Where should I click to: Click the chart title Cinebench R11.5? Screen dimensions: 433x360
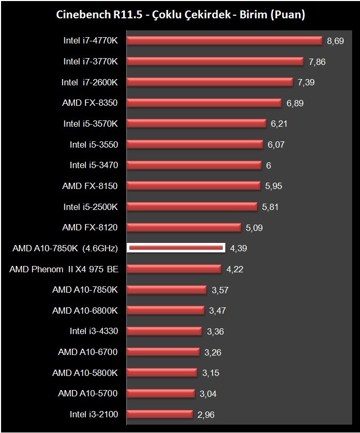[180, 15]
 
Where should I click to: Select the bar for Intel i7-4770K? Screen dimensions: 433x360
[224, 41]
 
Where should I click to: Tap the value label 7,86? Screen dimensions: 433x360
[317, 62]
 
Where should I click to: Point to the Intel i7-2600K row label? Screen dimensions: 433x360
[90, 82]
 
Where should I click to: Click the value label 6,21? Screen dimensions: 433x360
[279, 124]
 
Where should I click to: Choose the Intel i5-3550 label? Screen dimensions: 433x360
[94, 145]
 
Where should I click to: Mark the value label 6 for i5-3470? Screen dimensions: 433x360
[268, 165]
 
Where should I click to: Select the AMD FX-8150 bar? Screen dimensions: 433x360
[193, 186]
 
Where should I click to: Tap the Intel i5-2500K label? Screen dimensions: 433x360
[91, 207]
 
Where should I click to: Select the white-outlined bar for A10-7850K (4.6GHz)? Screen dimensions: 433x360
[176, 248]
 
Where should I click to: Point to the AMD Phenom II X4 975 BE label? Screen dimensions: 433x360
[63, 269]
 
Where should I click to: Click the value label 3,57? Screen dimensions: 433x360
[219, 290]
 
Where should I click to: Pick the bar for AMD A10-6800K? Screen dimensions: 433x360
[165, 310]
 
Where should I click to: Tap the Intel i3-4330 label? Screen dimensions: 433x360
[94, 331]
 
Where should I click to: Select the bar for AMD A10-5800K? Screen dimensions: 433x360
[162, 373]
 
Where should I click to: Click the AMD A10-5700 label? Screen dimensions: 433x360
[88, 393]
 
